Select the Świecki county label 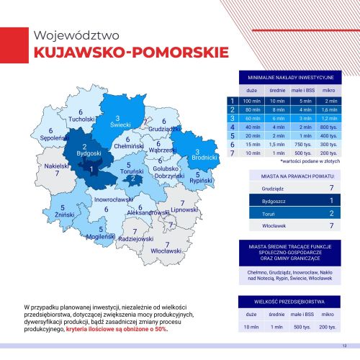click(120, 125)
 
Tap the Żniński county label click(63, 215)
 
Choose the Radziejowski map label click(135, 238)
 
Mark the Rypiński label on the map click(198, 180)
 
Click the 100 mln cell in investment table click(252, 101)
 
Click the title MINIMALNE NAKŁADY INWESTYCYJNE click(289, 76)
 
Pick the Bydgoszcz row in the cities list click(289, 199)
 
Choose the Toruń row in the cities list click(289, 213)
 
